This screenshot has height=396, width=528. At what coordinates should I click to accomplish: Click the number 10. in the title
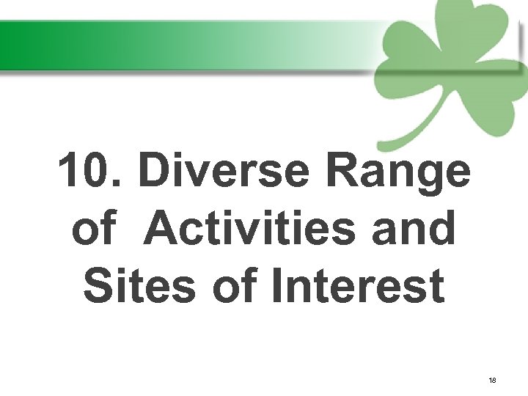point(91,171)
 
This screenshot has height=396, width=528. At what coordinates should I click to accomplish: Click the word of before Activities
point(93,228)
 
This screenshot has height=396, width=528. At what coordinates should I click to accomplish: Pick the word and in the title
point(414,228)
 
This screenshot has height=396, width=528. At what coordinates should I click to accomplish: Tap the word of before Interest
point(236,285)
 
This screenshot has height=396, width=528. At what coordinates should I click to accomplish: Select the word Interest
point(358,285)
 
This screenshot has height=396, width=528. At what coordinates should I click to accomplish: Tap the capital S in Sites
point(98,285)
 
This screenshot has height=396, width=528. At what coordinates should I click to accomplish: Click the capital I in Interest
point(276,285)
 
